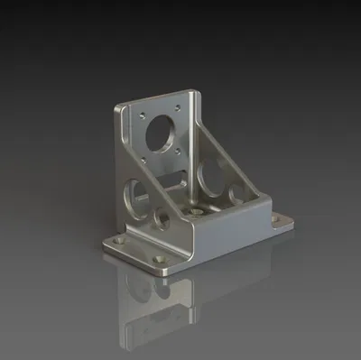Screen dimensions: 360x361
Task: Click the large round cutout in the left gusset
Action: (x=136, y=191)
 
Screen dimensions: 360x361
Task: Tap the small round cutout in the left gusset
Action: (x=162, y=220)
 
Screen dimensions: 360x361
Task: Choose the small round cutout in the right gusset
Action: (x=236, y=194)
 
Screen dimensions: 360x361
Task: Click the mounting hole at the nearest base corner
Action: (x=162, y=266)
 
